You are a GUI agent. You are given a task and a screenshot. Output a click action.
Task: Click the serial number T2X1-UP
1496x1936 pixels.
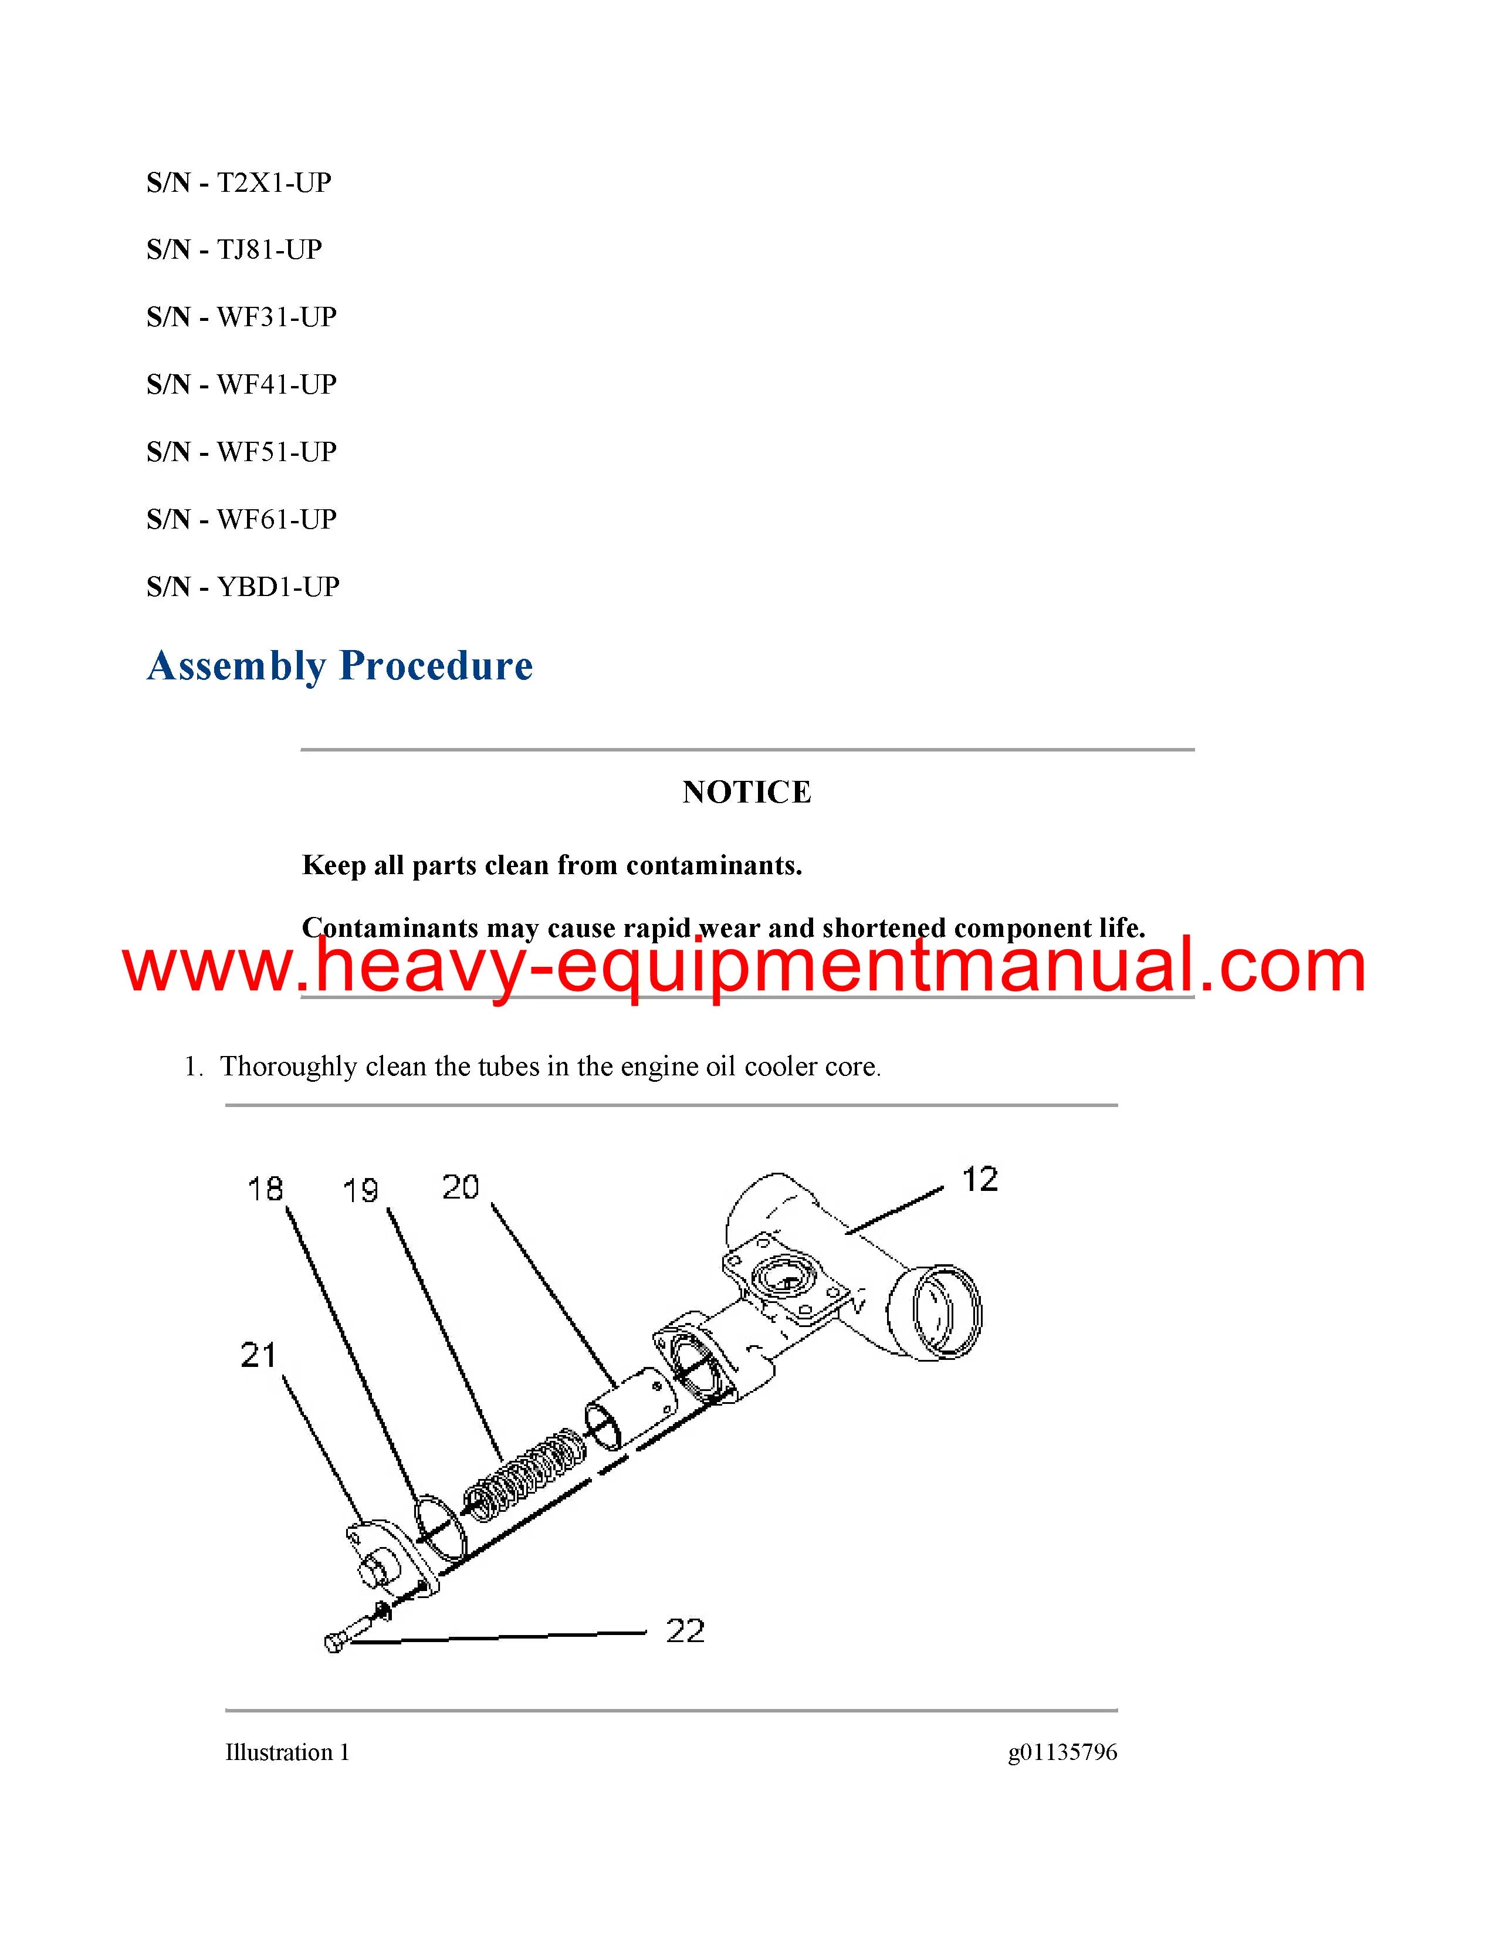[x=274, y=182]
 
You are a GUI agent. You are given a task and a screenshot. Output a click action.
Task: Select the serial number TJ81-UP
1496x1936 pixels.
[x=269, y=250]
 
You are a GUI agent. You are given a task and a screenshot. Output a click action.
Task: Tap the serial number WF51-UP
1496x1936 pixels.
[x=276, y=452]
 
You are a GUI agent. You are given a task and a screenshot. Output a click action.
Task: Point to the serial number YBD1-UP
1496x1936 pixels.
[x=278, y=587]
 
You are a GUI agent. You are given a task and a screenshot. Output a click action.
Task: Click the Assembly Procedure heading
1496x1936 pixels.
[x=340, y=666]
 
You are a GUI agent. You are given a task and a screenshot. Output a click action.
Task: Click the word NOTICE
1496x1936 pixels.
[x=747, y=791]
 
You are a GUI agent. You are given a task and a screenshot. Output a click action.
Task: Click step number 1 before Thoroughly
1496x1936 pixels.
[x=191, y=1067]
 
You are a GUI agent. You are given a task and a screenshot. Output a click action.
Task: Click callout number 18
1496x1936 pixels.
[x=265, y=1189]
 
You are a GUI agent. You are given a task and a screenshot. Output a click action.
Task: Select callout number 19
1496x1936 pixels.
[x=361, y=1190]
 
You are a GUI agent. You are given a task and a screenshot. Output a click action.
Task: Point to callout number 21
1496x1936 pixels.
[x=259, y=1355]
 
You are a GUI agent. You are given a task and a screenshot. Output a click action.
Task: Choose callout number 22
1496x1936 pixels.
[x=685, y=1631]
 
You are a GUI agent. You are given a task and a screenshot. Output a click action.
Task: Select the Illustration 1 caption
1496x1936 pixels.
[x=287, y=1752]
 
